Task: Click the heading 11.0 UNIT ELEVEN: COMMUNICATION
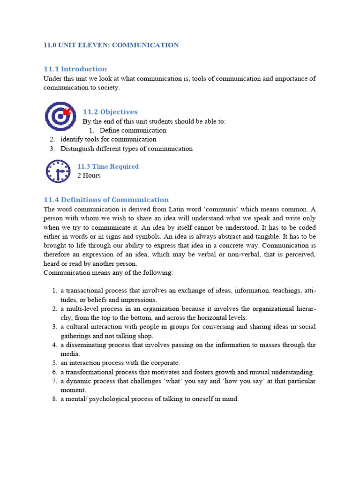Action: pos(111,45)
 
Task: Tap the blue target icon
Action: pos(60,115)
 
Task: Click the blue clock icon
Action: pos(58,171)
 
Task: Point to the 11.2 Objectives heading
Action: pos(110,112)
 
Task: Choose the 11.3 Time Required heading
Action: pos(108,166)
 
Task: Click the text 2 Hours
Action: pos(89,175)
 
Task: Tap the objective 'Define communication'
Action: pos(133,130)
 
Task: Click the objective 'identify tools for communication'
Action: pos(108,139)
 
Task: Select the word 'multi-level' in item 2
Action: pos(82,309)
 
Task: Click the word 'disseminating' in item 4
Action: pos(85,345)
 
